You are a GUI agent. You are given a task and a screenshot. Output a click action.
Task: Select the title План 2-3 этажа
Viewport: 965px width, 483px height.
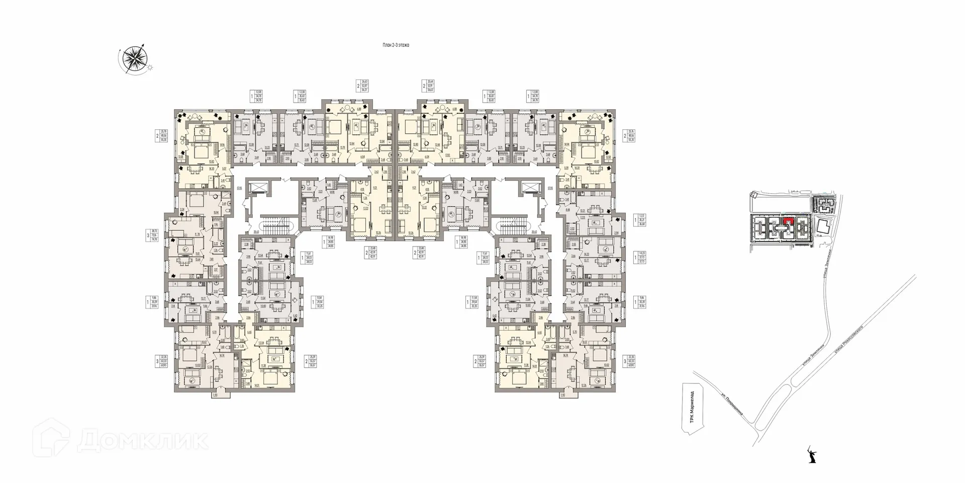tap(396, 45)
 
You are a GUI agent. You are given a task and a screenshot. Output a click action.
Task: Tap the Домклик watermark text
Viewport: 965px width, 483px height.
tap(143, 441)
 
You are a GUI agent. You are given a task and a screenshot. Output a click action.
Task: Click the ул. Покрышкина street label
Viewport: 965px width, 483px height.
tap(737, 408)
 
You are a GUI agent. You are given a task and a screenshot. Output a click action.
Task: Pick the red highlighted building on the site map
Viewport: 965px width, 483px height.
tap(789, 221)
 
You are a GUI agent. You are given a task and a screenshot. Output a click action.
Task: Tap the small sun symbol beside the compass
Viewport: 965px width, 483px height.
tap(149, 67)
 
